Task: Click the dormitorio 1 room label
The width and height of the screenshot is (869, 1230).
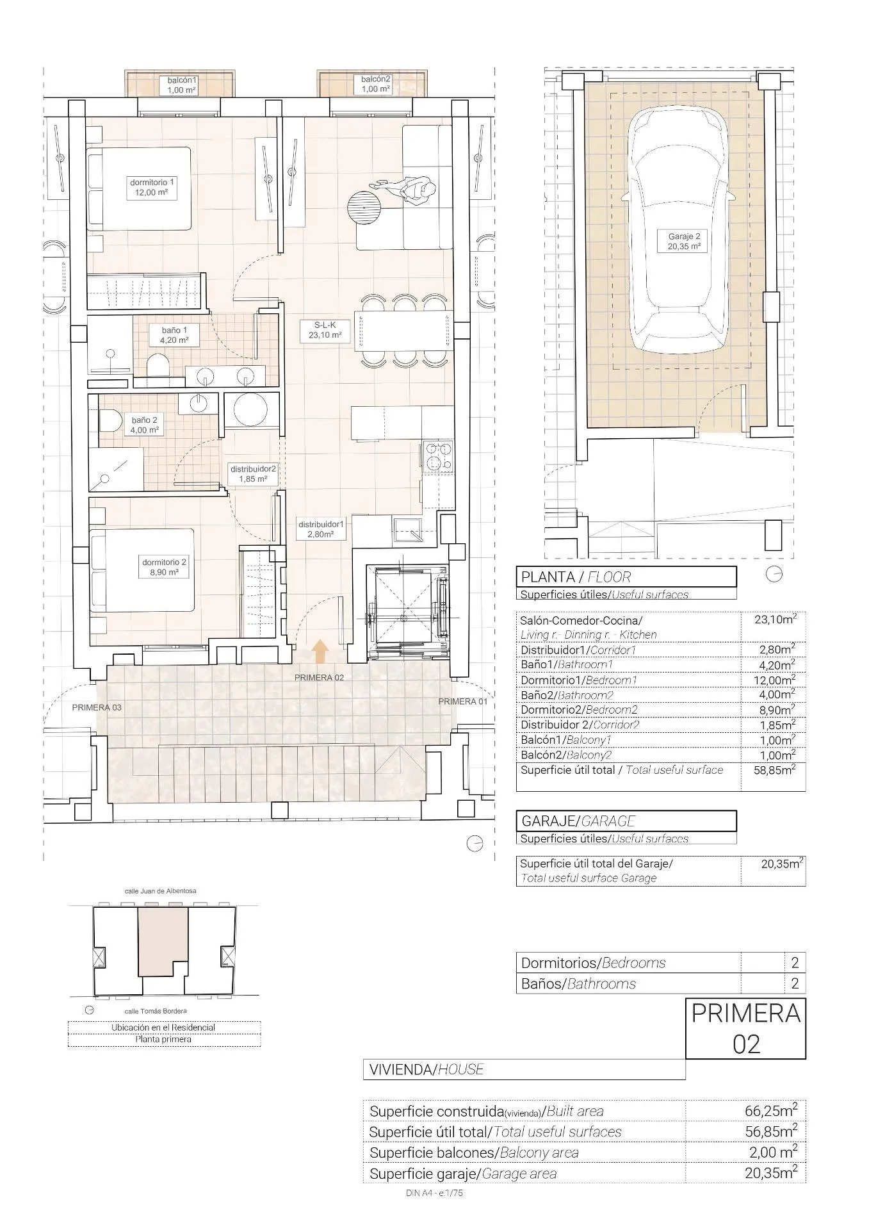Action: pos(151,187)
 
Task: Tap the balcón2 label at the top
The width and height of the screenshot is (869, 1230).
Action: pos(376,84)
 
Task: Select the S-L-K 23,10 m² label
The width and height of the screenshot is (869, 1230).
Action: pos(325,330)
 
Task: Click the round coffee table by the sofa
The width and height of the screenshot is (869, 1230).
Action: pos(363,206)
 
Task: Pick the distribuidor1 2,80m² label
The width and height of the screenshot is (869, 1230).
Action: pos(321,529)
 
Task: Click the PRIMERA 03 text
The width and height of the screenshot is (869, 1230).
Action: pos(97,707)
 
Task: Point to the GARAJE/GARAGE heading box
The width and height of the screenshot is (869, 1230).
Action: pos(626,821)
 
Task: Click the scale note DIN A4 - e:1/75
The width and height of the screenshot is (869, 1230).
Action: pos(434,1193)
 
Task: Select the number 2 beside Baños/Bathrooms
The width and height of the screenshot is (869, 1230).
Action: pos(794,983)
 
